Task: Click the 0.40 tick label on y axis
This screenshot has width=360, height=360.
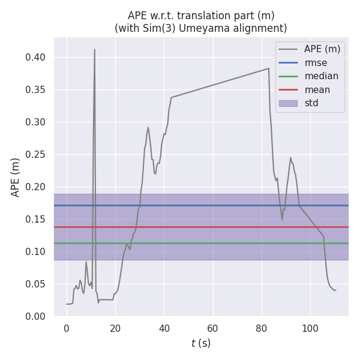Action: tap(40, 58)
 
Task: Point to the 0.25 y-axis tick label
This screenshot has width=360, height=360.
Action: tap(40, 155)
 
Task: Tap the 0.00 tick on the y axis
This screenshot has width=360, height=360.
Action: tap(40, 317)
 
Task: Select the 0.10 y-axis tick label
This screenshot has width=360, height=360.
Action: tap(40, 252)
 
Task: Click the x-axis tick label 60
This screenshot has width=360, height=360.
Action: tap(212, 329)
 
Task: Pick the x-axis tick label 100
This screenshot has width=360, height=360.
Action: tap(310, 329)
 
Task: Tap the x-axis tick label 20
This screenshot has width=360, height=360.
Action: tap(115, 329)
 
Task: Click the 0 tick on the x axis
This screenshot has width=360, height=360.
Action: tap(67, 329)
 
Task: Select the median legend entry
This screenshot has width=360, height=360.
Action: tap(321, 76)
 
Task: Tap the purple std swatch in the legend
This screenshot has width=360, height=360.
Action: tap(288, 103)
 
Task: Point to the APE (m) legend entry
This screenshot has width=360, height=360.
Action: tap(322, 49)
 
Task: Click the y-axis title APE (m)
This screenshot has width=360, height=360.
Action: tap(16, 177)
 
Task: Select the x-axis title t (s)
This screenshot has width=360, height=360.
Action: tap(201, 344)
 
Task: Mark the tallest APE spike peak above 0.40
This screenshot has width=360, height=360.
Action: tap(95, 50)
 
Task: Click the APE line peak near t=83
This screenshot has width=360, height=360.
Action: tap(268, 68)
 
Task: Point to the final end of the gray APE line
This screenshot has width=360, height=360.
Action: tap(336, 290)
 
